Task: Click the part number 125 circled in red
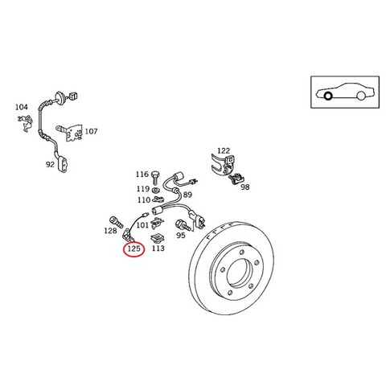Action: tap(134, 248)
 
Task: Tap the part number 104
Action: tap(22, 107)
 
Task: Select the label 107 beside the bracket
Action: tap(91, 131)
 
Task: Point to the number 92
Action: tap(50, 164)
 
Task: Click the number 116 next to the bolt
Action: tap(142, 175)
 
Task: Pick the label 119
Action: tap(143, 189)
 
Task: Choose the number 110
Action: tap(144, 200)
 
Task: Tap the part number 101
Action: tap(142, 225)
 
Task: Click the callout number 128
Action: tap(110, 231)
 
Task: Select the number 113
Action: tap(158, 248)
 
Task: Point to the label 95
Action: tap(181, 235)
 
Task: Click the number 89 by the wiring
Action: tap(187, 195)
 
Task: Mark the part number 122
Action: tap(224, 150)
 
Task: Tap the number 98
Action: tap(245, 187)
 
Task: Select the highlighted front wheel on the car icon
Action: tap(328, 96)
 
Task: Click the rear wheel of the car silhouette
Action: tap(361, 96)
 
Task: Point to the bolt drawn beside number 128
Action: tap(117, 222)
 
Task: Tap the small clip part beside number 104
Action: tap(26, 122)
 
